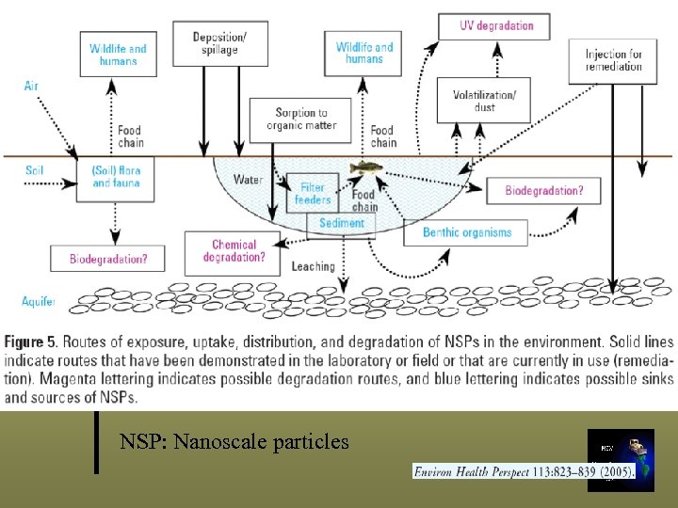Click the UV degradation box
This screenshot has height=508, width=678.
pyautogui.click(x=496, y=25)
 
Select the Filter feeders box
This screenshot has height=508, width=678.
pyautogui.click(x=313, y=193)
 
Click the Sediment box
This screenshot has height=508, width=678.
pyautogui.click(x=341, y=224)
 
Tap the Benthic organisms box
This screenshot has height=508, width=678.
pyautogui.click(x=466, y=232)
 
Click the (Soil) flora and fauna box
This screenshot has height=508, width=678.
pyautogui.click(x=115, y=177)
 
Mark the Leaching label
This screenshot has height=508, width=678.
pyautogui.click(x=313, y=267)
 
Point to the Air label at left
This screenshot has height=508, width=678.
pyautogui.click(x=32, y=86)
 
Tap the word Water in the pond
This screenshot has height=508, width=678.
pyautogui.click(x=248, y=180)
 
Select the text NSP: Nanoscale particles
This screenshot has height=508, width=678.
pyautogui.click(x=234, y=441)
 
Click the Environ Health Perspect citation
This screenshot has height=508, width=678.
pyautogui.click(x=524, y=469)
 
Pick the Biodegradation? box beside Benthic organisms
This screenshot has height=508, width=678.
pyautogui.click(x=543, y=191)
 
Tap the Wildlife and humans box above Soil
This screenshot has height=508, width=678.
pyautogui.click(x=118, y=55)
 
